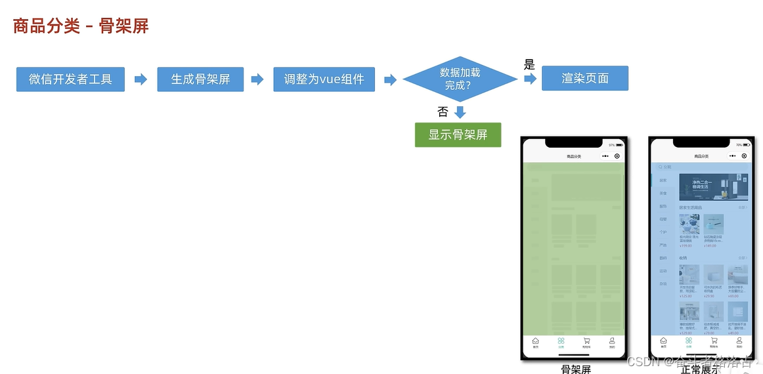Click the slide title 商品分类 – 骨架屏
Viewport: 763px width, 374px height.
[x=81, y=26]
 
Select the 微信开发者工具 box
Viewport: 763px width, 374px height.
[x=70, y=79]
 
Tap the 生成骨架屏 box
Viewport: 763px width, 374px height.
[x=200, y=79]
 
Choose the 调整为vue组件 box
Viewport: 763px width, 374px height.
[x=324, y=79]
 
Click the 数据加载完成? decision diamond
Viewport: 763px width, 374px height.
[x=460, y=79]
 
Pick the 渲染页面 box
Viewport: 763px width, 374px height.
[x=584, y=79]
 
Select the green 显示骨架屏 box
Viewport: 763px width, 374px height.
[x=458, y=135]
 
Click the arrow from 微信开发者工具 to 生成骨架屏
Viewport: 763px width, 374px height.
[x=141, y=79]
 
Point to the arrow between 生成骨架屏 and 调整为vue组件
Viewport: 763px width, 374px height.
[x=257, y=79]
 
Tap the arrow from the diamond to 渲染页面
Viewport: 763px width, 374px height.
[x=530, y=79]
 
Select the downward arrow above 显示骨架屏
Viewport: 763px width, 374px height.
[x=460, y=112]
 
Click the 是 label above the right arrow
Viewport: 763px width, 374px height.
[x=529, y=64]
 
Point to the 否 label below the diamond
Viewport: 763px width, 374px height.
[x=443, y=112]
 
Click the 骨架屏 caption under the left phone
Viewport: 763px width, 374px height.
[x=576, y=369]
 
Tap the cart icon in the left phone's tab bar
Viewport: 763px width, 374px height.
[x=586, y=341]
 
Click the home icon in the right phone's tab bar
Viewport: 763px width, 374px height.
[x=663, y=341]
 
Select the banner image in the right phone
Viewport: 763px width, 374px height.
[x=713, y=187]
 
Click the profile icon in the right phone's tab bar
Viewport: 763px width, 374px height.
[x=739, y=341]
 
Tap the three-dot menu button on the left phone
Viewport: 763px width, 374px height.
[x=605, y=156]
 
